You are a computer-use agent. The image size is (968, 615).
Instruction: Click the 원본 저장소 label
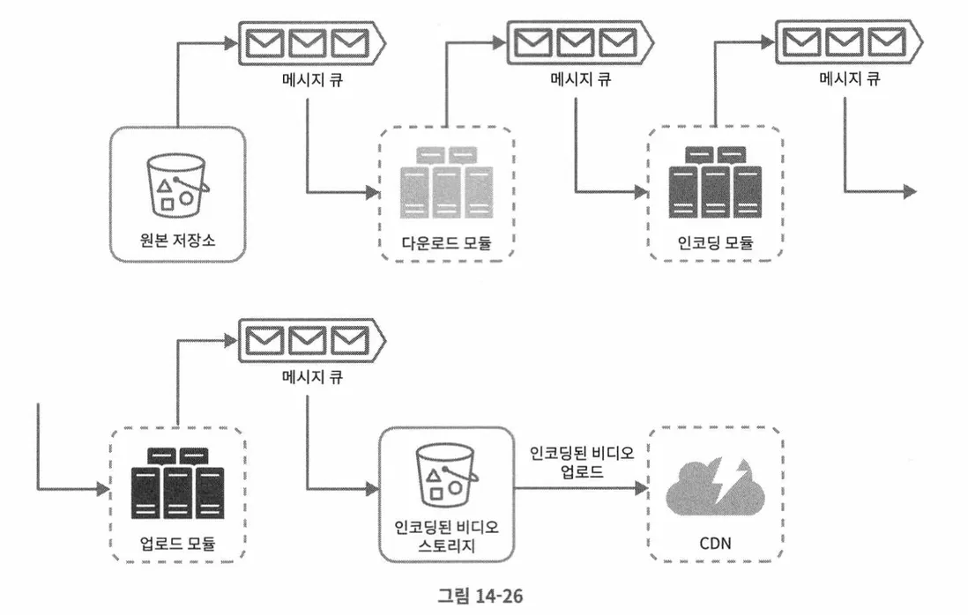177,239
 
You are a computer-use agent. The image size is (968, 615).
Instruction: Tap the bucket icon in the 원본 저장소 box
177,184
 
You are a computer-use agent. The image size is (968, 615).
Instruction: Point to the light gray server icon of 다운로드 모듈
445,182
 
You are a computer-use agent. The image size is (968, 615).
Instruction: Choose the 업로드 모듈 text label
177,541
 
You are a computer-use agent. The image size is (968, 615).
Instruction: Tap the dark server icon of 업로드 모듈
177,485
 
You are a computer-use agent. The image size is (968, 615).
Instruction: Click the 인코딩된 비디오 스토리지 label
447,538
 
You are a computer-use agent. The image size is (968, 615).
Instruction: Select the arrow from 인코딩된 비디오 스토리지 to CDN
582,489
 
